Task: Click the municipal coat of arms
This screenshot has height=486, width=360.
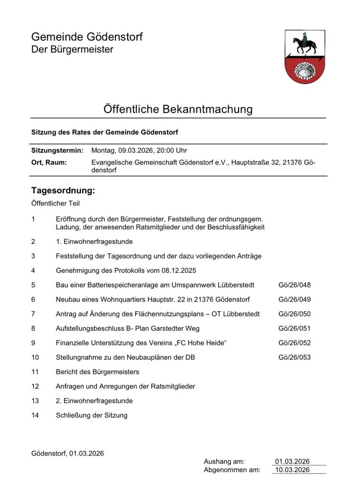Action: (x=305, y=56)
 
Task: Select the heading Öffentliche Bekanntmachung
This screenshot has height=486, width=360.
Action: (x=178, y=109)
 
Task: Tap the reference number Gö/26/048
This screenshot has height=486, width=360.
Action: (x=295, y=285)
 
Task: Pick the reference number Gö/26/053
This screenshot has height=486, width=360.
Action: (x=295, y=357)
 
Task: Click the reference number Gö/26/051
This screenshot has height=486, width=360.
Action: (x=295, y=328)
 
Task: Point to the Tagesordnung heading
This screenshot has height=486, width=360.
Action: (x=63, y=191)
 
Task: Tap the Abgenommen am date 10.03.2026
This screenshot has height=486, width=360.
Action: (x=292, y=470)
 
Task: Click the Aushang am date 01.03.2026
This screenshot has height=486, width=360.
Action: (x=292, y=461)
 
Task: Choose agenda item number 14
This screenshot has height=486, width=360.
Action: (x=35, y=415)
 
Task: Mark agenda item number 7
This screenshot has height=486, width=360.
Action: (x=33, y=314)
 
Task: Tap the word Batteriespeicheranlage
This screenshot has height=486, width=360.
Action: (x=126, y=285)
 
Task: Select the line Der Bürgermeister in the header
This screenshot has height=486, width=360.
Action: (x=72, y=50)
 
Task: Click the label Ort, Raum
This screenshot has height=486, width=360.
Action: (x=49, y=163)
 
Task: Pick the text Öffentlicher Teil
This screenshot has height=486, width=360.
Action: (x=55, y=204)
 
